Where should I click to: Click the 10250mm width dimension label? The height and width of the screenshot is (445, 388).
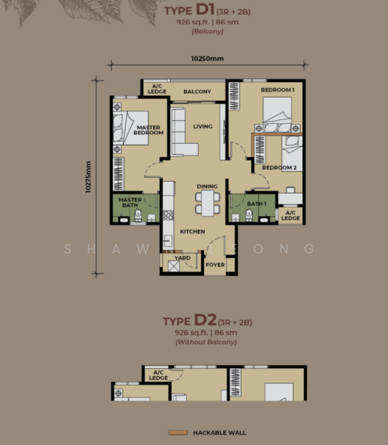(x=207, y=59)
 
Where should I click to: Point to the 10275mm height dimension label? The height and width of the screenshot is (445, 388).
(x=88, y=177)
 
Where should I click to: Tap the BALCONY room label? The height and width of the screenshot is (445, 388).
(x=197, y=91)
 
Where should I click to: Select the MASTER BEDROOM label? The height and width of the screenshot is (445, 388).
(x=148, y=130)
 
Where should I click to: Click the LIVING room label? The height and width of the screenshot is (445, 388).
(x=203, y=126)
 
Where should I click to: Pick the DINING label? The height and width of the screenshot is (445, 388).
(x=207, y=186)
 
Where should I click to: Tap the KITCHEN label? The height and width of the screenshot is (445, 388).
(x=192, y=231)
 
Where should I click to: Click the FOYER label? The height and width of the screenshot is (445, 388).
(x=215, y=265)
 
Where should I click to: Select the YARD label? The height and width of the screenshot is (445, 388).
(x=183, y=257)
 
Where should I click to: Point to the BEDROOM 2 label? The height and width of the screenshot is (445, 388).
(x=279, y=168)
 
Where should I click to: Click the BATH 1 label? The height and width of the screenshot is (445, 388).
(x=257, y=203)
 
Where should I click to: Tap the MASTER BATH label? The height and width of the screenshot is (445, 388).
(x=130, y=202)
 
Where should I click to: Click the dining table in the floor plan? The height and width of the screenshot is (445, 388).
(x=208, y=203)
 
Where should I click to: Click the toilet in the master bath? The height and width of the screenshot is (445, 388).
(x=138, y=215)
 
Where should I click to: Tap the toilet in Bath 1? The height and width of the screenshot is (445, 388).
(x=249, y=215)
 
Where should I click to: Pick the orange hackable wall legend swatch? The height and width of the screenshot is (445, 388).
(x=178, y=432)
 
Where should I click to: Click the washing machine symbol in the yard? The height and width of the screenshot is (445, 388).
(x=174, y=266)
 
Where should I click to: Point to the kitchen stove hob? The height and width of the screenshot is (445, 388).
(x=168, y=215)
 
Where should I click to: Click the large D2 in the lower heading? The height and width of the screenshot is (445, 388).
(x=205, y=320)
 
